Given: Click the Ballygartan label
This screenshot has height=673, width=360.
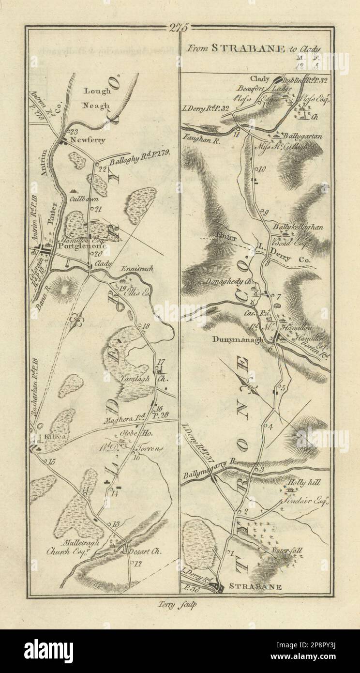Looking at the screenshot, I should tap(304, 137).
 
